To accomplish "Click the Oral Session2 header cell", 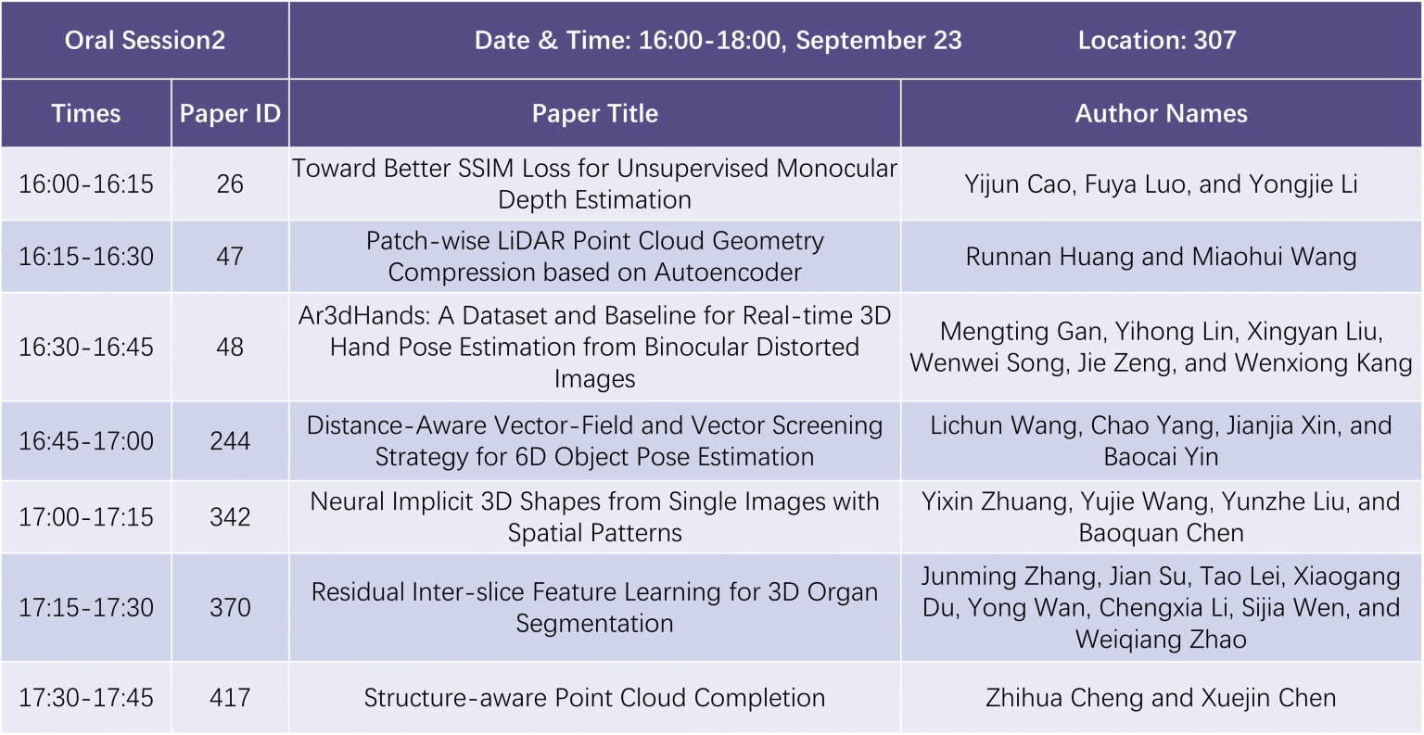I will point(145,41).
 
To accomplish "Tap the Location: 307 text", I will point(1156,41).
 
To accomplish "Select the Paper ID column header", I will point(230,113).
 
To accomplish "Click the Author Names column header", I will point(1161,113).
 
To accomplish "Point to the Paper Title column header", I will point(594,113).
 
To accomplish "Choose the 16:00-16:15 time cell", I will point(86,184).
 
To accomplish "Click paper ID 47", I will point(230,257).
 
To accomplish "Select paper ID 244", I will point(230,441).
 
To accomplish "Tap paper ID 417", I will point(230,698).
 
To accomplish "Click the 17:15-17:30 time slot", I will point(86,608).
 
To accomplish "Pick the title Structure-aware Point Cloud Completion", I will point(594,698).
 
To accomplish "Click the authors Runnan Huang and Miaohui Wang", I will point(1161,257).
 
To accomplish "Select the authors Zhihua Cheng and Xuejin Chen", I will point(1161,698).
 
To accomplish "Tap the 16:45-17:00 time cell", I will point(86,441).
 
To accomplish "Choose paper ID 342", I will point(230,517).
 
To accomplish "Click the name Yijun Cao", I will point(1016,184).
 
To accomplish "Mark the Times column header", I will point(86,113).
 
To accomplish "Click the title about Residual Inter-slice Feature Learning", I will point(594,607).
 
